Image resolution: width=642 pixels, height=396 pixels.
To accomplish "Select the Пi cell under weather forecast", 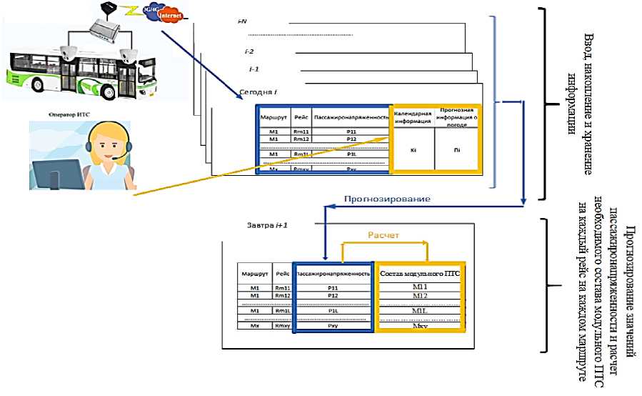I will [x=457, y=150].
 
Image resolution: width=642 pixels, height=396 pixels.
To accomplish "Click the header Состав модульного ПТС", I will [x=421, y=273].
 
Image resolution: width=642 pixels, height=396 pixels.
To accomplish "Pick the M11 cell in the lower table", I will [x=421, y=287].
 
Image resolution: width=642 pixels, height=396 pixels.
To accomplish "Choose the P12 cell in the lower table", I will [x=332, y=295].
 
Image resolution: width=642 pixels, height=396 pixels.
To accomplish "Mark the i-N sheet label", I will [x=242, y=21].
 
